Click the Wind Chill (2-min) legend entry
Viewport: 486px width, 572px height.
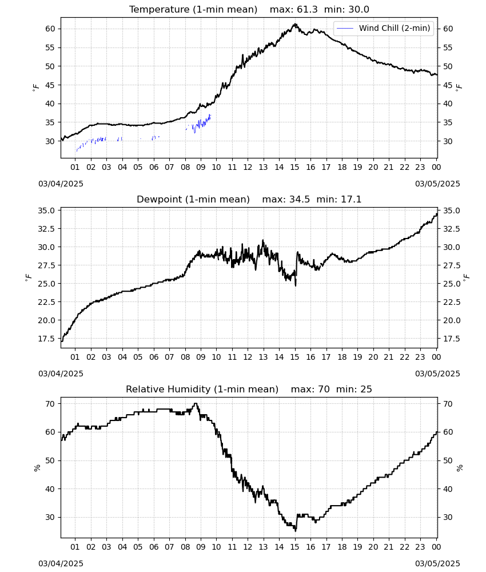[x=384, y=28]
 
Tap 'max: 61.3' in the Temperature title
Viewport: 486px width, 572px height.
[x=293, y=10]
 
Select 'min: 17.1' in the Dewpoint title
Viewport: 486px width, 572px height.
[x=338, y=199]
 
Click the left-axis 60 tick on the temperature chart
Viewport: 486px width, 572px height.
[x=50, y=29]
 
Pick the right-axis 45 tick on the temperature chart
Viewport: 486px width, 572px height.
[x=448, y=85]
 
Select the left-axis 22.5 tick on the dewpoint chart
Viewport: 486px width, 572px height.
[x=46, y=302]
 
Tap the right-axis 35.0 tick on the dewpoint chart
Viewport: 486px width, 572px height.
[x=451, y=210]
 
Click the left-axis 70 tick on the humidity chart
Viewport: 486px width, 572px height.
[x=50, y=404]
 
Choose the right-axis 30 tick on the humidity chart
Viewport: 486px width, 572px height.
[x=448, y=517]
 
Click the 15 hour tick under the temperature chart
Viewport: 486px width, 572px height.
[x=294, y=167]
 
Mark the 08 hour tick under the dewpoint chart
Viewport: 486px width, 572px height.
[x=185, y=357]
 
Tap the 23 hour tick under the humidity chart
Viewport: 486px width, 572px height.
[x=420, y=547]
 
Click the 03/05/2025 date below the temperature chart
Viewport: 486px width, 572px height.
[x=437, y=184]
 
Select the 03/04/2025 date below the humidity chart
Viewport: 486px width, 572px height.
[x=61, y=563]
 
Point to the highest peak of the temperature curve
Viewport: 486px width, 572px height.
[x=296, y=24]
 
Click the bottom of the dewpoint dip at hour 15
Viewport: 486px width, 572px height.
[x=296, y=285]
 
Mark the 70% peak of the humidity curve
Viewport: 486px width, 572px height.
[x=196, y=403]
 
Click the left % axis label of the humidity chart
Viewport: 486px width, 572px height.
[x=37, y=468]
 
